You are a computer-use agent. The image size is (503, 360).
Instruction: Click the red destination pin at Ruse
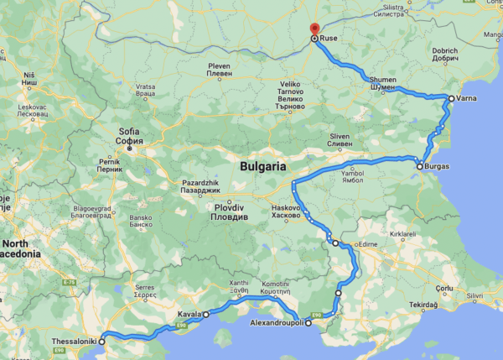(x=314, y=29)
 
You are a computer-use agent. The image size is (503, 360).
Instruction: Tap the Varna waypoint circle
(x=451, y=98)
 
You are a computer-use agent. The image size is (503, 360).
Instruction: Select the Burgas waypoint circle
(x=420, y=167)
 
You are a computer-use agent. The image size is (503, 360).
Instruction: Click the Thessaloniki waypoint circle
(x=102, y=342)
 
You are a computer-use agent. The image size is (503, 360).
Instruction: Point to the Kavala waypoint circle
(x=205, y=314)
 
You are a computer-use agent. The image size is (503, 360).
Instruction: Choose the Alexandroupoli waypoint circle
(x=308, y=322)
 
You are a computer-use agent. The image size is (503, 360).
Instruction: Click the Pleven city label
(x=219, y=68)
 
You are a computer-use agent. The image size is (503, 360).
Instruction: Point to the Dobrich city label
(x=444, y=55)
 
